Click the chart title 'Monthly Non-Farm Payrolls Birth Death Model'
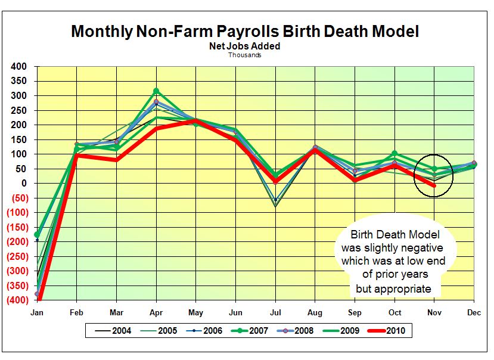tap(245, 32)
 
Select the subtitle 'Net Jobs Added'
tap(244, 46)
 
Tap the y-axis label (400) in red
tap(18, 300)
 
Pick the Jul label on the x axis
tap(275, 312)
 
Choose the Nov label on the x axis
tap(434, 312)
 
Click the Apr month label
tap(156, 312)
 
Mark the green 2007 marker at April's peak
tap(156, 91)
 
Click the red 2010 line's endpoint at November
tap(434, 186)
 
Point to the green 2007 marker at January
tap(37, 234)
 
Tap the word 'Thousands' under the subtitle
tap(244, 55)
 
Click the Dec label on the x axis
tap(474, 312)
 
